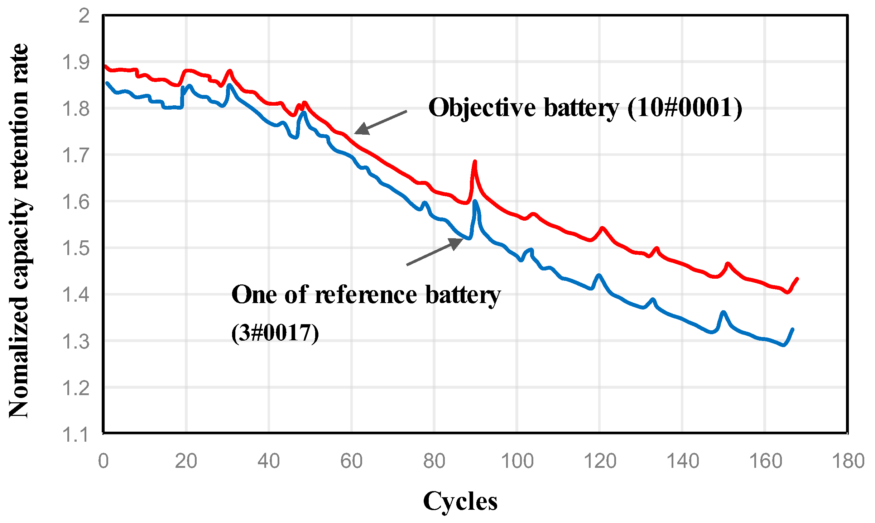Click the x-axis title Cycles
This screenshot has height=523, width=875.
[460, 501]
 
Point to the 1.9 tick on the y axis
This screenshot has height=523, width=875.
[76, 62]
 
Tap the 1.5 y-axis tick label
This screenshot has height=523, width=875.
[76, 248]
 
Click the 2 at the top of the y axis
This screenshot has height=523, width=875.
[84, 16]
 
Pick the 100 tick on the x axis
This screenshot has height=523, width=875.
[517, 461]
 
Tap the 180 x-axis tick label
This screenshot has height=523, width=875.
[848, 461]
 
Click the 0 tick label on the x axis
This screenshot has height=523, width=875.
[103, 461]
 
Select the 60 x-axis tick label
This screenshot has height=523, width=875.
[351, 461]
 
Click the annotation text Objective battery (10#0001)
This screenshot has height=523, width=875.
[585, 107]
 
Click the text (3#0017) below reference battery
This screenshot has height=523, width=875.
[275, 333]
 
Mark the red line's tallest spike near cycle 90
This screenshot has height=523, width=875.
[475, 162]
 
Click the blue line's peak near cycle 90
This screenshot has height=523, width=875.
[475, 202]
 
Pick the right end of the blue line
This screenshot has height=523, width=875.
[792, 329]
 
